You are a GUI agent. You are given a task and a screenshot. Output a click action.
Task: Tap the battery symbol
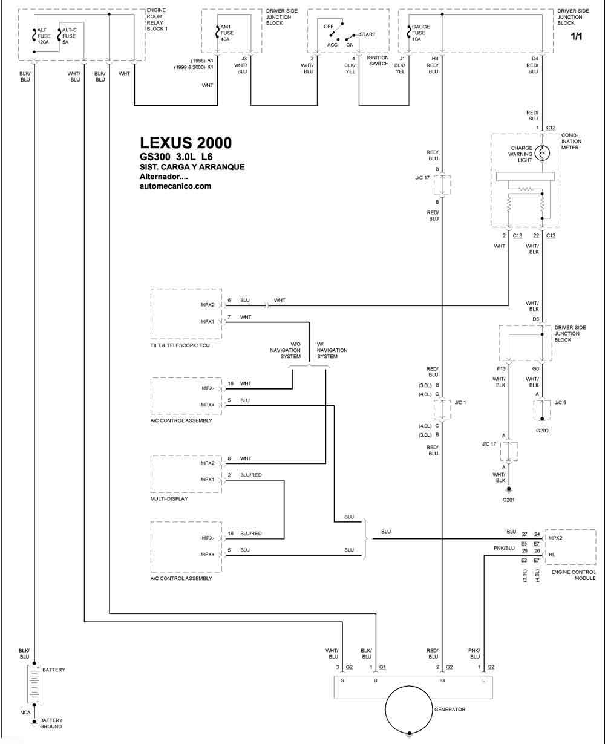pos(34,684)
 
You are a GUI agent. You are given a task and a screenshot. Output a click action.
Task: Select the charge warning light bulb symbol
pos(542,153)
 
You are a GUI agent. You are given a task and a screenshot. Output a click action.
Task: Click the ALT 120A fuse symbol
pos(34,35)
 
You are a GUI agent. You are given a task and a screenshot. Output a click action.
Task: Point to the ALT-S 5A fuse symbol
pos(59,35)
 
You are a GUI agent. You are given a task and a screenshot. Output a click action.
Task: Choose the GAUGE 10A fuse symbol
pos(409,32)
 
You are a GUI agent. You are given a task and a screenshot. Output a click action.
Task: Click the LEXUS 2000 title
pos(186,143)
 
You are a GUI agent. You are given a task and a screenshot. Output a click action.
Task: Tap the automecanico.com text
pos(175,186)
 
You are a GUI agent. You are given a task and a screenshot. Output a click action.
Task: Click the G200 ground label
pos(541,431)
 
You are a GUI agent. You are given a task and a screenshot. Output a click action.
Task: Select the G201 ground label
pos(508,500)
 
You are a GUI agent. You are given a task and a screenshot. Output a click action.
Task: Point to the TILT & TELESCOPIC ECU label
pos(180,345)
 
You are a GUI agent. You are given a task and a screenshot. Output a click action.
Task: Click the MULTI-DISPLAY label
pos(169,498)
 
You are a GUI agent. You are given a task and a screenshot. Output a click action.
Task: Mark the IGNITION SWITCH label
pos(378,60)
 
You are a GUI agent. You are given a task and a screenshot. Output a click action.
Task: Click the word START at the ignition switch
pos(367,34)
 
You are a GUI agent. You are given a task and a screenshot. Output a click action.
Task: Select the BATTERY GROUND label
pos(51,723)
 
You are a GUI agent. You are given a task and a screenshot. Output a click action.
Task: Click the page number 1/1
pos(577,36)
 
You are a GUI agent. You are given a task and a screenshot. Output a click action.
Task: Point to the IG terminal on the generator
pos(442,680)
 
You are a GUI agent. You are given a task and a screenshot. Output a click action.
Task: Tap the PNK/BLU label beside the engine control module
pos(504,548)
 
